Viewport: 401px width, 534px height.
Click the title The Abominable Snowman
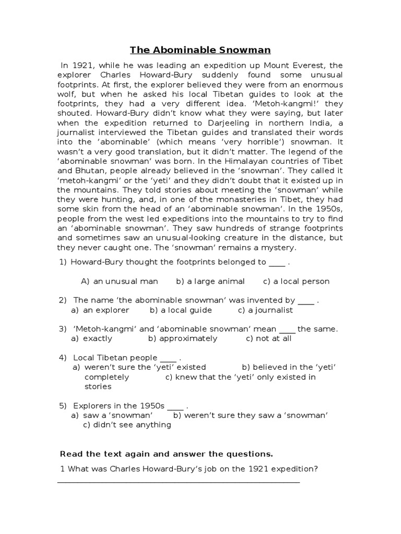pos(200,50)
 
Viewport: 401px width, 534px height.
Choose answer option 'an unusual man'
pos(125,281)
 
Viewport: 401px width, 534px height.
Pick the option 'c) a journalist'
pos(265,310)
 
